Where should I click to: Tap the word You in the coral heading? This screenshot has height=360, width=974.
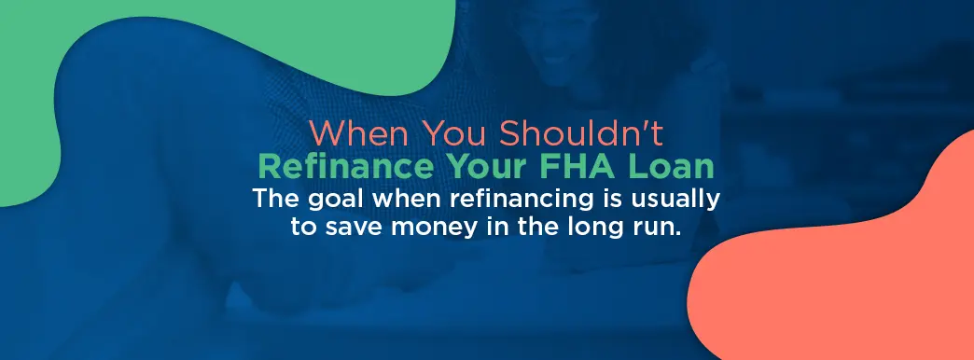pos(457,133)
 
